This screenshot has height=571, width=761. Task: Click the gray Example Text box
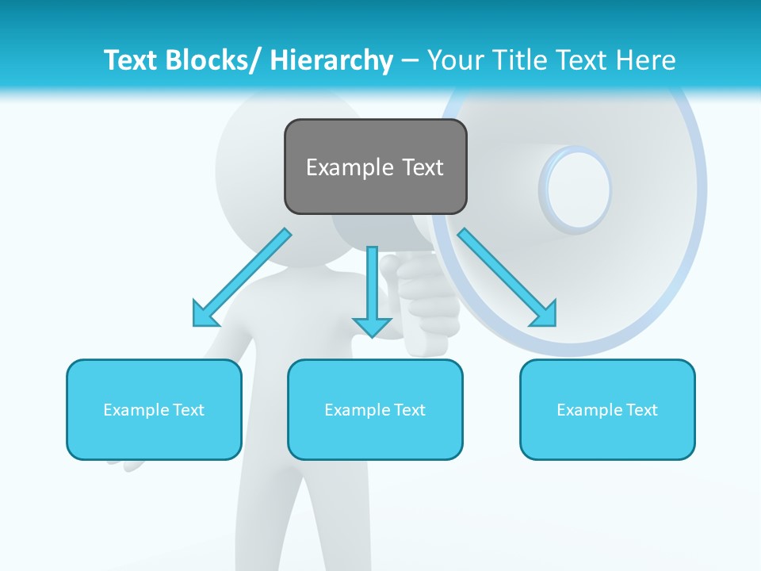(x=375, y=167)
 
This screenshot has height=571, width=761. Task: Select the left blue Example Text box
(x=154, y=409)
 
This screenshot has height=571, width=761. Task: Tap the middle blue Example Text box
(x=375, y=409)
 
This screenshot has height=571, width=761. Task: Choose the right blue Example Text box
(x=607, y=409)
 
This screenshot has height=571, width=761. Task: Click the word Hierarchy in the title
(x=331, y=60)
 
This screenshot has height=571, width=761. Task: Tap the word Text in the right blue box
(x=641, y=409)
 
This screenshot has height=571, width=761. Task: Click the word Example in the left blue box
(x=136, y=409)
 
